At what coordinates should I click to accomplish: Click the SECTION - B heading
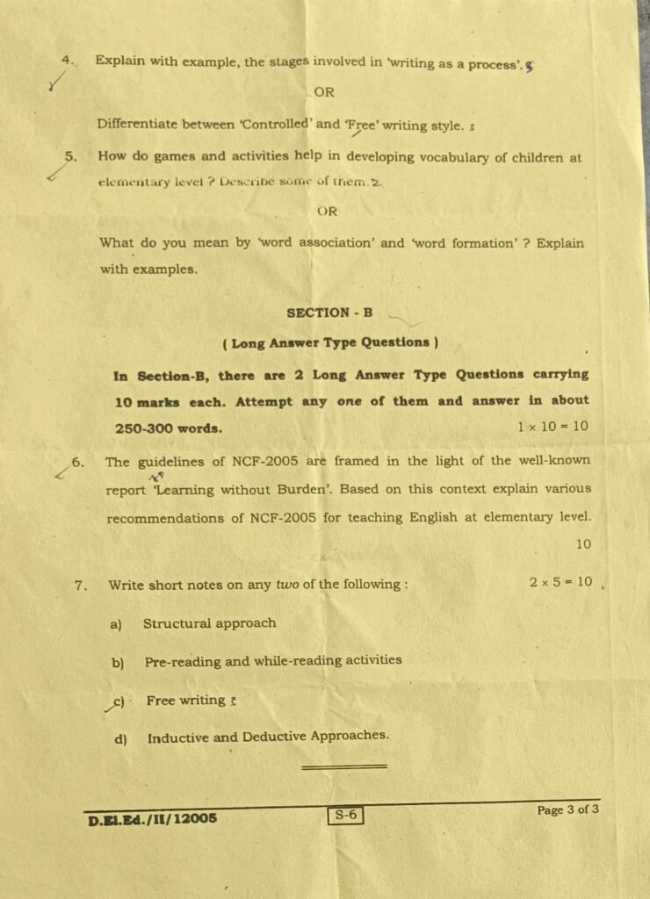coord(329,313)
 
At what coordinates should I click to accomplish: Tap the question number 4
coord(66,60)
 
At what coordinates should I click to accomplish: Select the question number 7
coord(80,585)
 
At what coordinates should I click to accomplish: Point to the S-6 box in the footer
coord(345,816)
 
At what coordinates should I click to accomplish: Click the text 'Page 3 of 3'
coord(567,809)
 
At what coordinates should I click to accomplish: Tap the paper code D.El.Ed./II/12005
coord(152,821)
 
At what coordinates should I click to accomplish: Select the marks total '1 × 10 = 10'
coord(553,427)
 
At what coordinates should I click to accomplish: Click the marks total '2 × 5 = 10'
coord(560,581)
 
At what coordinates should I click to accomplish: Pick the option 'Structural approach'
coord(209,623)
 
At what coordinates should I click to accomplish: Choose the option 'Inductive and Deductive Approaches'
coord(268,737)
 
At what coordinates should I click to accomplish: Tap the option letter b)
coord(117,663)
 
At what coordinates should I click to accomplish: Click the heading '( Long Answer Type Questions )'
coord(330,342)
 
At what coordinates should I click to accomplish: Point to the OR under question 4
coord(324,91)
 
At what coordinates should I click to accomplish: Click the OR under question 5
coord(328,212)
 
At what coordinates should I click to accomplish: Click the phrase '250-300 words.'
coord(168,429)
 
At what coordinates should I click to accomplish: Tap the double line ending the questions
coord(343,767)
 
